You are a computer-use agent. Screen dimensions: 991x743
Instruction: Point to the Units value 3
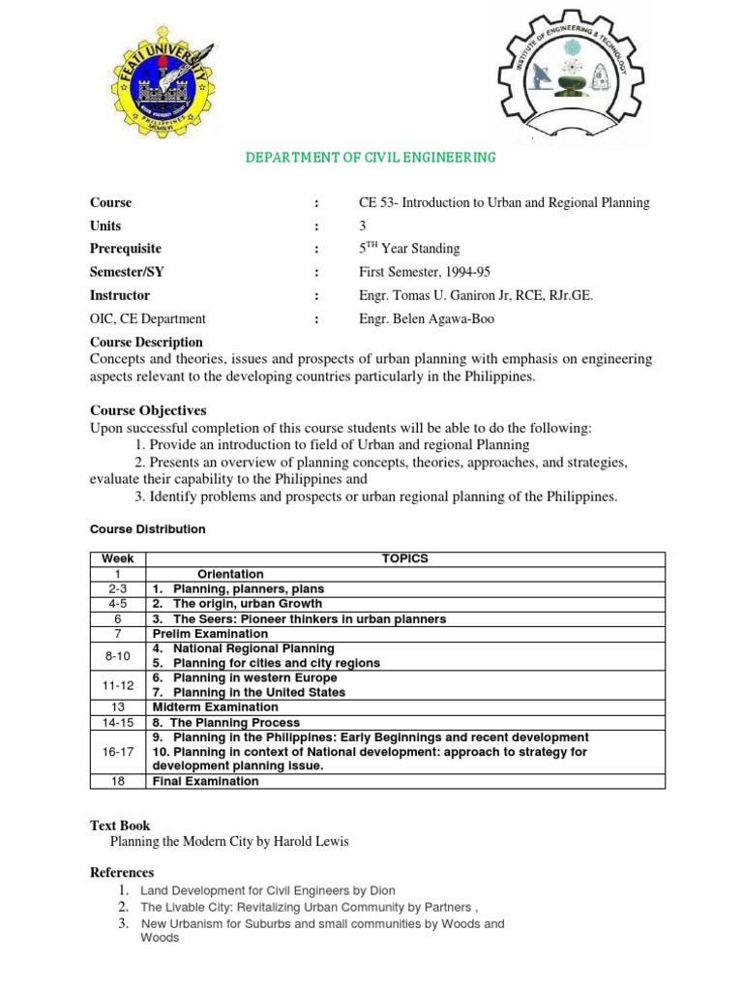(363, 225)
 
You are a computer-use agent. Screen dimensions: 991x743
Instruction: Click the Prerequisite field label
(126, 249)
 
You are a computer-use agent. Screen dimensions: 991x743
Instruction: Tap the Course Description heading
(146, 342)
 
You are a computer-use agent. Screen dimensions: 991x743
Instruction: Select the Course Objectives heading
(148, 410)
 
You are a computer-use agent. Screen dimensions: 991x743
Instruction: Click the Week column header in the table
(117, 558)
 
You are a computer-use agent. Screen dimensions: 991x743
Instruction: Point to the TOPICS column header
(404, 558)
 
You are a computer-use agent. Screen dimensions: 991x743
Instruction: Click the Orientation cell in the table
(230, 574)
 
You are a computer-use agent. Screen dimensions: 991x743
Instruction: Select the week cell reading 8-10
(117, 655)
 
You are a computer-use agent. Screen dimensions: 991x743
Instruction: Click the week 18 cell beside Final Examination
(117, 781)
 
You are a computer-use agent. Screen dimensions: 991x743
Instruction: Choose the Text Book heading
(120, 826)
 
